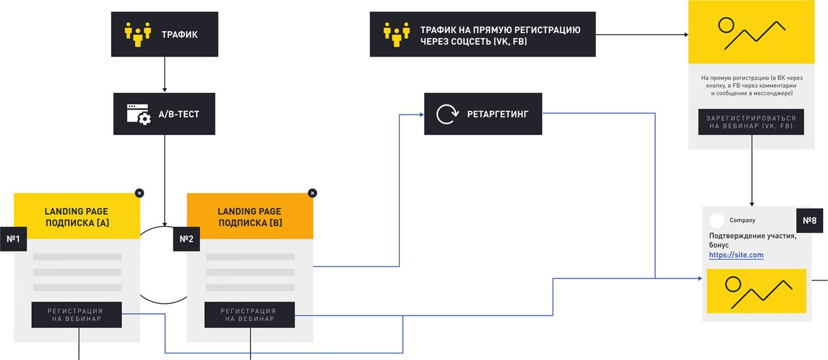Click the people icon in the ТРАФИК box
tap(138, 34)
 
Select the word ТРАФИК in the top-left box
tap(180, 35)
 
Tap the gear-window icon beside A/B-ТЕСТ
tap(138, 115)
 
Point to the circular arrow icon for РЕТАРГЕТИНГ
tap(445, 114)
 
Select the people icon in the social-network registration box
tap(396, 34)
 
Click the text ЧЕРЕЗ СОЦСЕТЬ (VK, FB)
tap(474, 41)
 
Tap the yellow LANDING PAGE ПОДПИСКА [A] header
tap(77, 217)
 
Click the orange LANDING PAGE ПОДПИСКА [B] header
tap(250, 217)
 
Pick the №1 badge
tap(13, 239)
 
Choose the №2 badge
tap(187, 239)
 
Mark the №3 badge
tap(809, 221)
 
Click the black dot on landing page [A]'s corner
tap(140, 193)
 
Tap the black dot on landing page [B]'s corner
tap(312, 193)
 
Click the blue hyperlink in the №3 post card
tap(736, 256)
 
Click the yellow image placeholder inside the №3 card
tap(756, 291)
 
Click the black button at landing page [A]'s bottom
tap(77, 315)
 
